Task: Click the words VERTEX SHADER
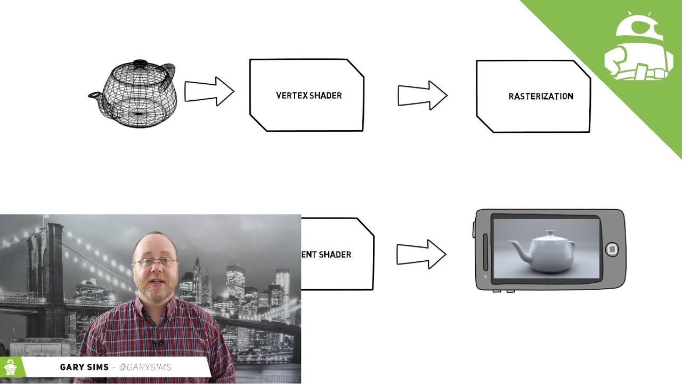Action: pyautogui.click(x=308, y=95)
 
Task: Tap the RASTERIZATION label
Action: pyautogui.click(x=540, y=97)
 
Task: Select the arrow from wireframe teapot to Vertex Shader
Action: pyautogui.click(x=209, y=91)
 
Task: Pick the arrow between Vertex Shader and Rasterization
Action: pyautogui.click(x=422, y=95)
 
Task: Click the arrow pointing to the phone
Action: pyautogui.click(x=421, y=254)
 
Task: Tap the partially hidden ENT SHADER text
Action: pyautogui.click(x=326, y=254)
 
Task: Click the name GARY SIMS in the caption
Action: pyautogui.click(x=84, y=367)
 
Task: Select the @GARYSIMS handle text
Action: pyautogui.click(x=145, y=367)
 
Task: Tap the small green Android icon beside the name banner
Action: pyautogui.click(x=11, y=367)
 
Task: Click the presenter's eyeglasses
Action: pyautogui.click(x=155, y=262)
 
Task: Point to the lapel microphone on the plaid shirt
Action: pyautogui.click(x=157, y=343)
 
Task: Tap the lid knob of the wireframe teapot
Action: pyautogui.click(x=140, y=63)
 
